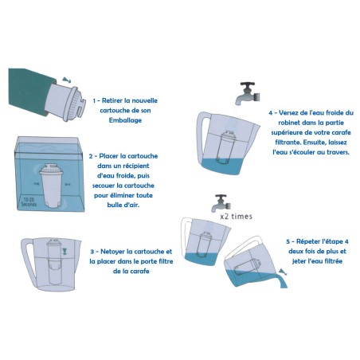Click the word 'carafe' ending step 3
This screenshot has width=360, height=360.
(x=138, y=272)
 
